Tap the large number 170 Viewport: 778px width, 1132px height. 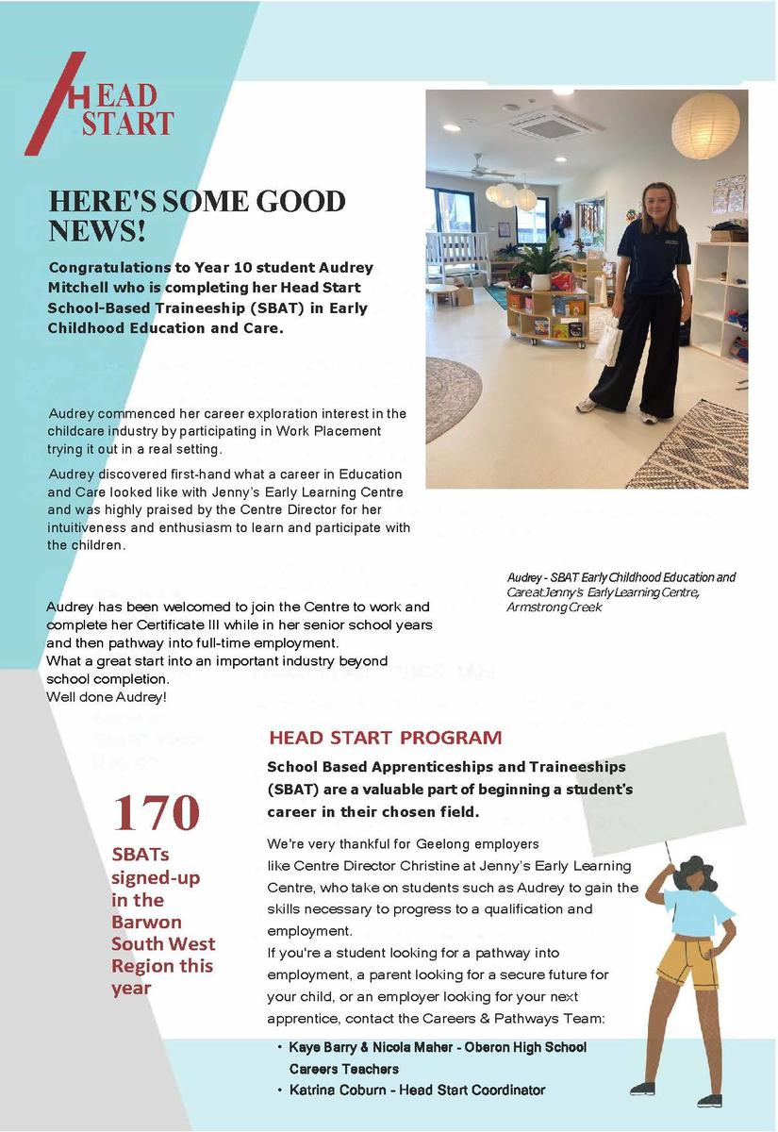tap(157, 812)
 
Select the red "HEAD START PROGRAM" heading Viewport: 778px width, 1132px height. tap(385, 738)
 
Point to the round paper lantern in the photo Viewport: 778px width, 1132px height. tap(705, 125)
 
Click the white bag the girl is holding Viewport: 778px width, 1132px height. tap(608, 341)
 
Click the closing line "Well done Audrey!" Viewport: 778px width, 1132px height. tap(107, 696)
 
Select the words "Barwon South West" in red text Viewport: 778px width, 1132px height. tap(163, 933)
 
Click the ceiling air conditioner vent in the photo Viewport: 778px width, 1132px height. tap(555, 123)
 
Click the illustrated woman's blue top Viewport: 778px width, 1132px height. tap(701, 907)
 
